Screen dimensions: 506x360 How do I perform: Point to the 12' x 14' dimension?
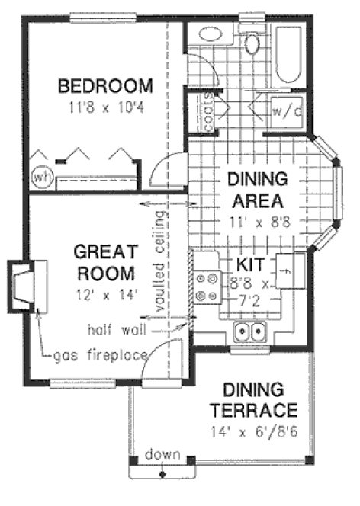point(106,294)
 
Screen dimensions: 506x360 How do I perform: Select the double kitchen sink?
point(250,331)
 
